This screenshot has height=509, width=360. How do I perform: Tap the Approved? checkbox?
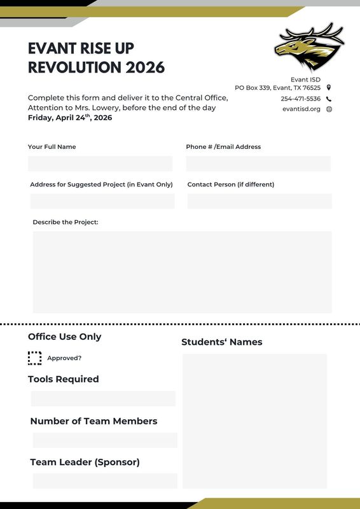point(35,358)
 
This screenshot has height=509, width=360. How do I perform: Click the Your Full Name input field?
point(100,164)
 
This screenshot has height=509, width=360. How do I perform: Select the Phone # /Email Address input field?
point(258,164)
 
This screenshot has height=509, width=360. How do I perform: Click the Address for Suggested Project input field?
point(102,201)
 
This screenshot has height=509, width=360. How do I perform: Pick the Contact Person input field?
point(260,201)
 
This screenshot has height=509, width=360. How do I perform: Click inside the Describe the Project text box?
point(182,272)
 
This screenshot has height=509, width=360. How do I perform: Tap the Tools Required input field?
point(103,398)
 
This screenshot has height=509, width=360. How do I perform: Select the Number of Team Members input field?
point(105,440)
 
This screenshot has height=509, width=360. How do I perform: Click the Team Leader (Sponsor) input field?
point(105,481)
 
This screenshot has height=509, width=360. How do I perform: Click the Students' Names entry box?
point(254,421)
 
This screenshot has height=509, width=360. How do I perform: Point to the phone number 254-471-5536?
point(300,99)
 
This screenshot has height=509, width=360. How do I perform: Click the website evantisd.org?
point(301,109)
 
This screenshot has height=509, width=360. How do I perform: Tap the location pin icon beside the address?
point(329,88)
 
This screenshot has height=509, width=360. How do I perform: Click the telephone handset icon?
point(329,99)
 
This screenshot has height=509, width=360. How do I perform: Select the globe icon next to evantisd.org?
point(329,109)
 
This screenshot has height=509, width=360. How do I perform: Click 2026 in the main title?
point(145,67)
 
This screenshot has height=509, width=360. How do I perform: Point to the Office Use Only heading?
point(64,337)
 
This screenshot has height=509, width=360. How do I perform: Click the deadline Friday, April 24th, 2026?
point(70,118)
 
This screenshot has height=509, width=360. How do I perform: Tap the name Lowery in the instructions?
point(95,108)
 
